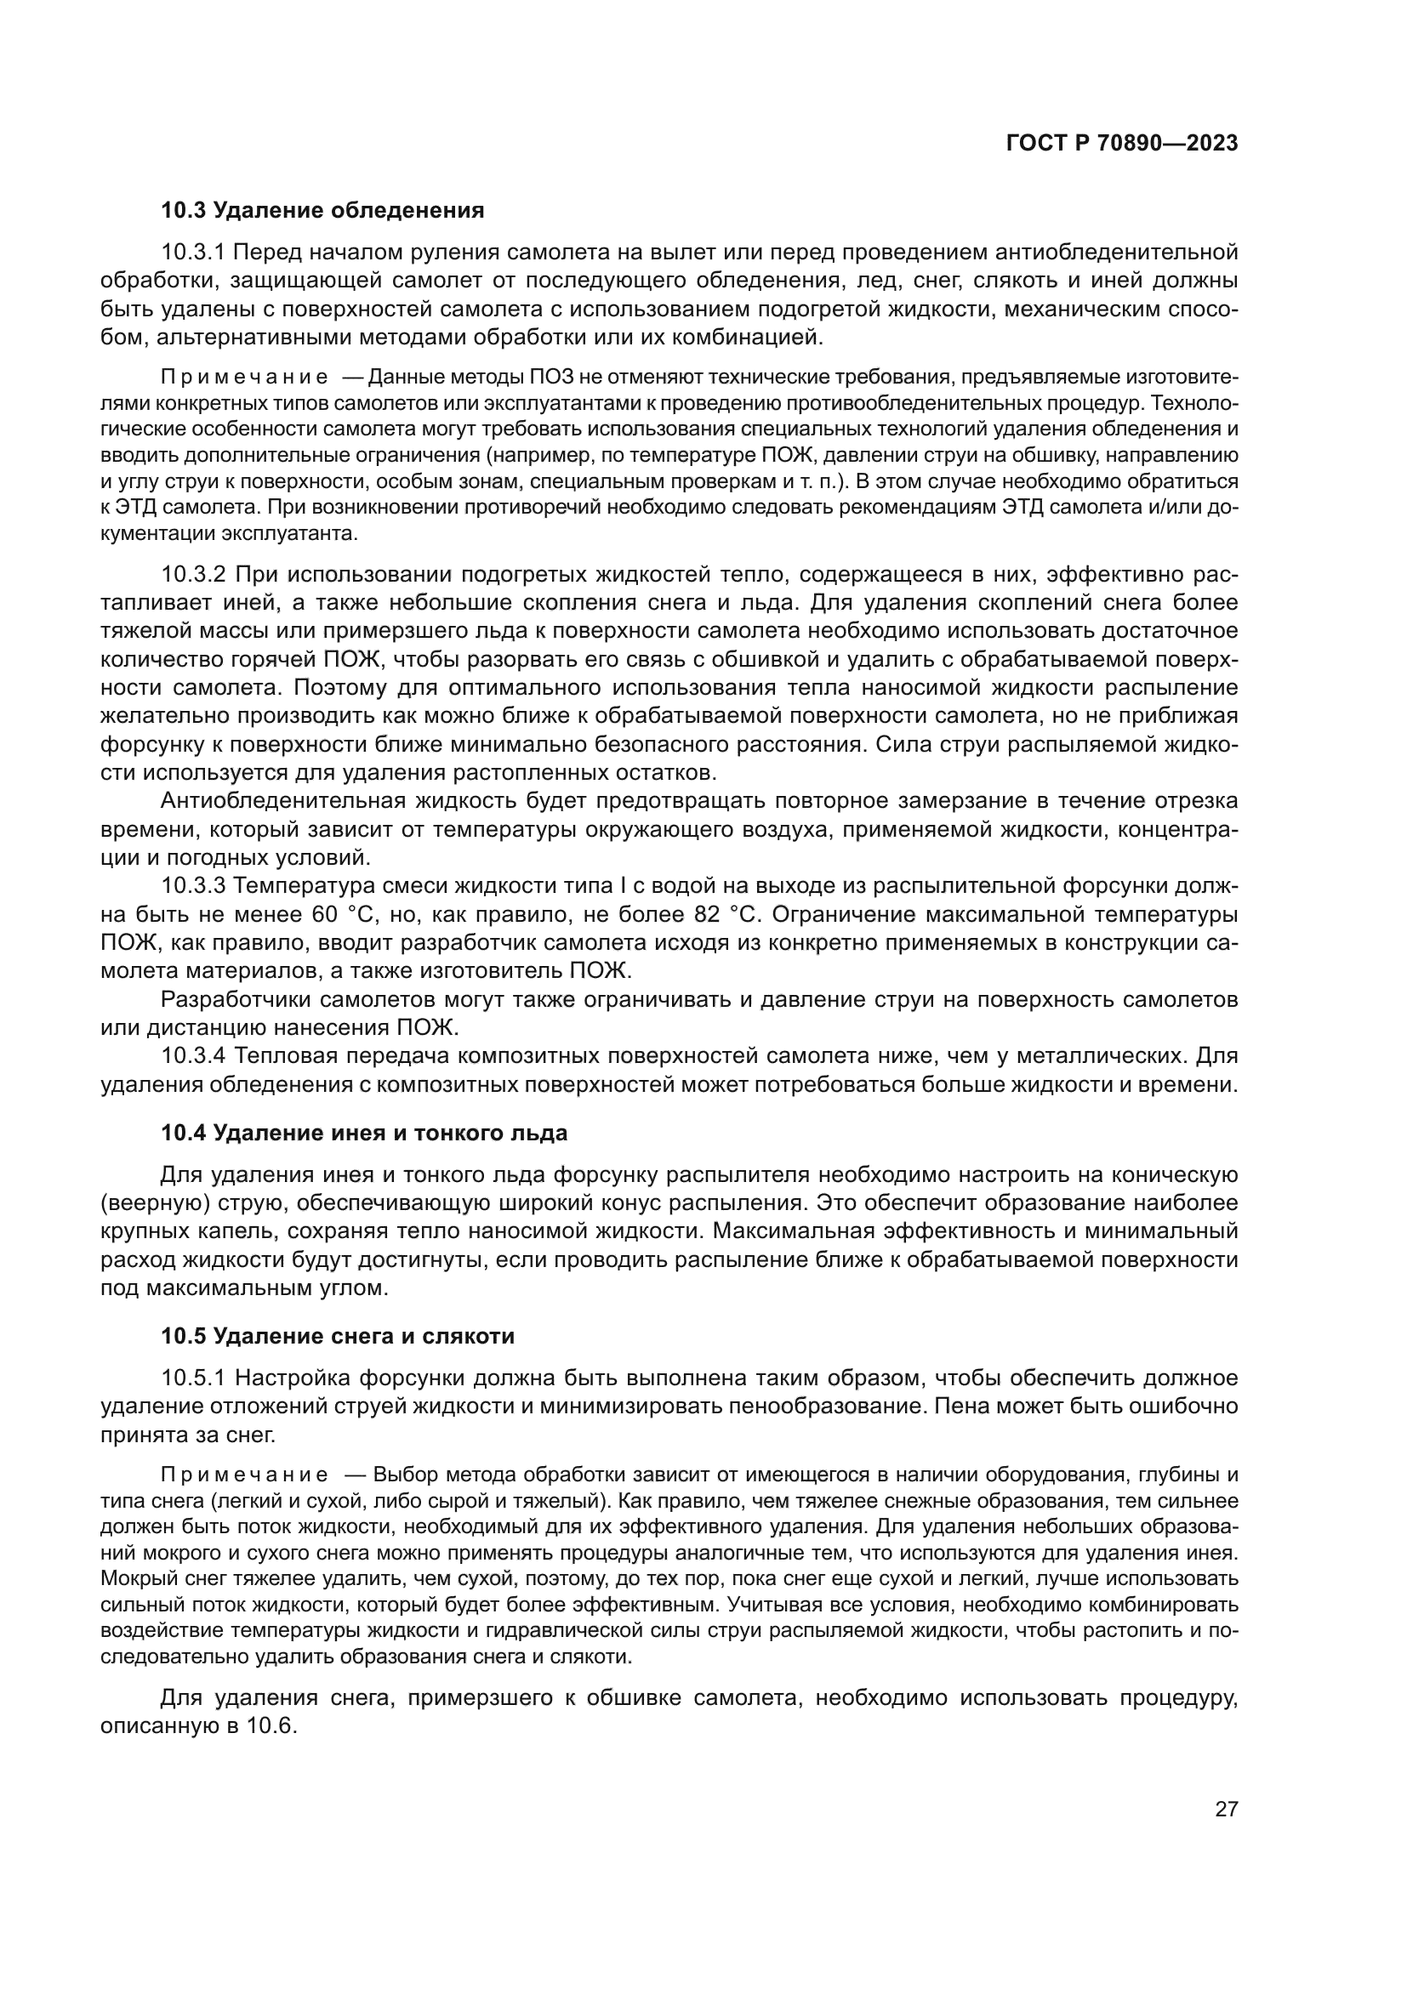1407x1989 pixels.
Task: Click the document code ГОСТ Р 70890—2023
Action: (x=1121, y=144)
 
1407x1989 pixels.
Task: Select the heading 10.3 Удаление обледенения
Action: (x=322, y=210)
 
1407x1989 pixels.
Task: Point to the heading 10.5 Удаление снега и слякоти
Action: (x=338, y=1336)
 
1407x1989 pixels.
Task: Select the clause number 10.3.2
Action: (x=193, y=574)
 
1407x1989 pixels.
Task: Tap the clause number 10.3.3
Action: (x=193, y=886)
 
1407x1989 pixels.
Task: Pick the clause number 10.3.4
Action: (x=193, y=1056)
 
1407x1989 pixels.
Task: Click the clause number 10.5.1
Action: (x=193, y=1378)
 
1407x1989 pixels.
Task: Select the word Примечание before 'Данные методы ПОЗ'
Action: (x=244, y=378)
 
